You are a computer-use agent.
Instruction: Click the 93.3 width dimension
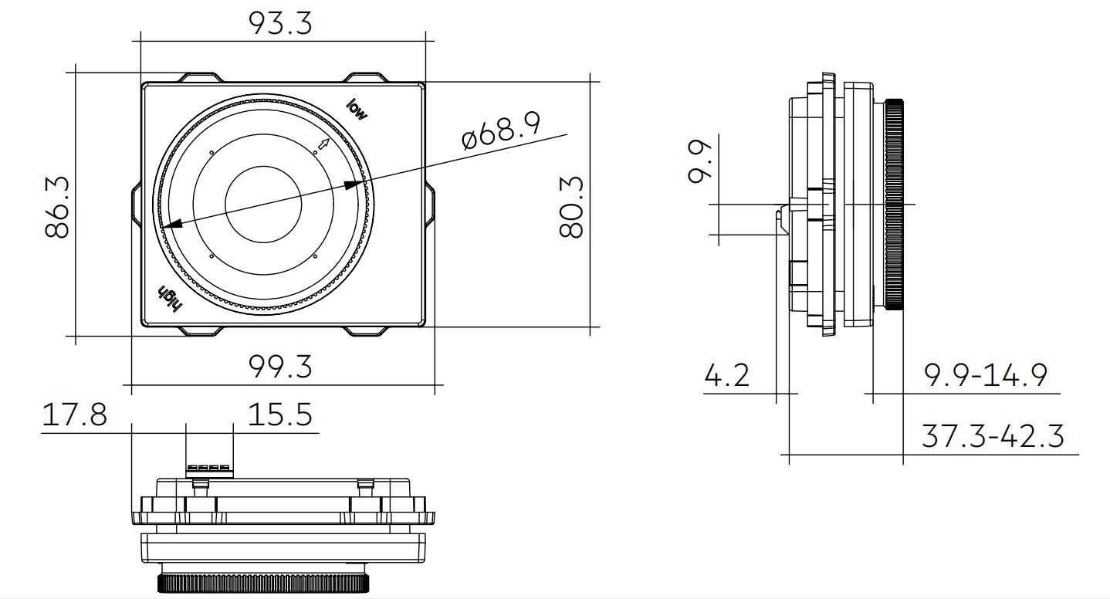coord(280,23)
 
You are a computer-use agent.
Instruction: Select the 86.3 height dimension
coord(58,206)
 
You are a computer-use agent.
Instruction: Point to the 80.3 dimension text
coord(571,206)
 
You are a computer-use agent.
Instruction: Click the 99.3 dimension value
coord(280,367)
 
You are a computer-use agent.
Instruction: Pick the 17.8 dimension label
coord(74,415)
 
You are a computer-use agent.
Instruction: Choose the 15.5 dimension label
coord(280,415)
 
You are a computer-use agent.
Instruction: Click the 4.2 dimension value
coord(726,376)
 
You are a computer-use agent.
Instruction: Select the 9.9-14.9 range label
coord(986,376)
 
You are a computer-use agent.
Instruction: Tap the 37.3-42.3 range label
coord(993,437)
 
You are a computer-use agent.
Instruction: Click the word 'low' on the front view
coord(357,109)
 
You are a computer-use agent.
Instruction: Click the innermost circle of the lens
coord(262,204)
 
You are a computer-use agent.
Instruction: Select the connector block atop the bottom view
coord(208,468)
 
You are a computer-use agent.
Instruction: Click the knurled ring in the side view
coord(895,205)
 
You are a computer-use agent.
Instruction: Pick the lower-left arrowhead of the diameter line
coord(171,225)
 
